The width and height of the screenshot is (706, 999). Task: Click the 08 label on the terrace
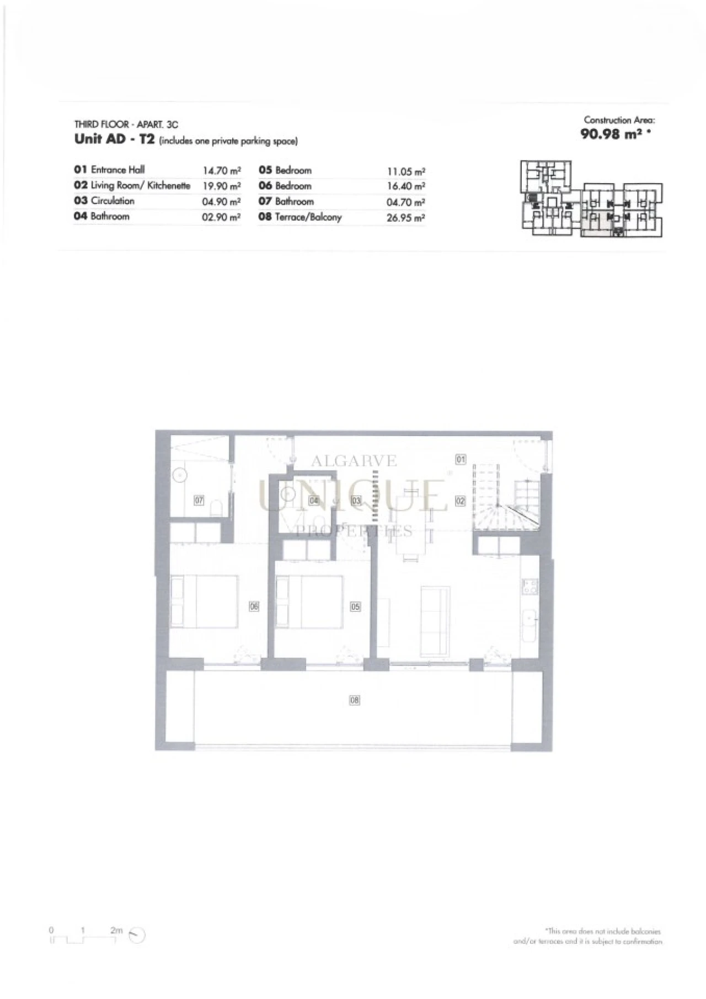[355, 700]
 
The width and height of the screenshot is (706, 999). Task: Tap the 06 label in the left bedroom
[254, 606]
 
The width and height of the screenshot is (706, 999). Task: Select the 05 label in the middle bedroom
[355, 606]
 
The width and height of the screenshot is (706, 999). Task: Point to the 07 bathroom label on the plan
[199, 501]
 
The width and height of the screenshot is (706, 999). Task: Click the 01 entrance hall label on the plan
[460, 459]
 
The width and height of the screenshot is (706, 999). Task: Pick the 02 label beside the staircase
[460, 501]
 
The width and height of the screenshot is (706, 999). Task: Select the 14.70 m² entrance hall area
[221, 171]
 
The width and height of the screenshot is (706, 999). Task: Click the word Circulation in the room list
[113, 201]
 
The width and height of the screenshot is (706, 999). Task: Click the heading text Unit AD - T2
[114, 139]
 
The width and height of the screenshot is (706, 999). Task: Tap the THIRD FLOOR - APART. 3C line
[126, 125]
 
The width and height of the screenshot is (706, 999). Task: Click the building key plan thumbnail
[591, 199]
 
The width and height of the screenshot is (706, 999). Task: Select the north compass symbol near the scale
[137, 934]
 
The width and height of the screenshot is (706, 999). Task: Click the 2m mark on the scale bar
[116, 930]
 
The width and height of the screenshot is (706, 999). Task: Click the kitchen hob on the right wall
[530, 587]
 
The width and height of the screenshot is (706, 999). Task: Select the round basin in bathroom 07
[180, 475]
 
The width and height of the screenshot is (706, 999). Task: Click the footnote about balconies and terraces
[588, 936]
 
